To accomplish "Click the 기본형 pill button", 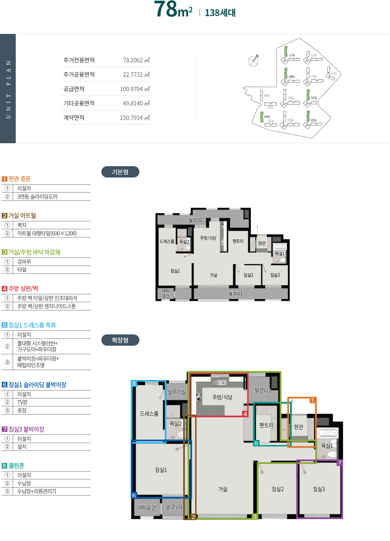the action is (x=120, y=172).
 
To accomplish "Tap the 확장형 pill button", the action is (x=120, y=340).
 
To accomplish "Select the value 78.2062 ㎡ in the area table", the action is (x=136, y=60).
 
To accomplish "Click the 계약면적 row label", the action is (x=74, y=118).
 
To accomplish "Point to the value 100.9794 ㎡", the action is (x=135, y=89).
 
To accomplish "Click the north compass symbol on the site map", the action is (x=253, y=61).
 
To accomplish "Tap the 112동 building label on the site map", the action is (x=292, y=55).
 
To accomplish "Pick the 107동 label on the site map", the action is (x=314, y=98).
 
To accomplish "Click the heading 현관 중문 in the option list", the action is (x=20, y=179).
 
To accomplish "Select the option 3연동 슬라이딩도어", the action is (x=37, y=197).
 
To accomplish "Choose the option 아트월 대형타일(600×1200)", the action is (x=47, y=233).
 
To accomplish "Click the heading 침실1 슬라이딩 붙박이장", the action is (x=37, y=385).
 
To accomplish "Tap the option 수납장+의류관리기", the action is (x=37, y=491).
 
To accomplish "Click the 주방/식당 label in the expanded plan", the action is (x=222, y=397).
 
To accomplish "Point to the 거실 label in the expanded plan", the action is (x=223, y=489).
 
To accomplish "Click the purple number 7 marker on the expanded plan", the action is (x=340, y=463).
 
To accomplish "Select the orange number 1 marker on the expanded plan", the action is (x=312, y=400).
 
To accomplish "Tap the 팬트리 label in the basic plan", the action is (x=238, y=241).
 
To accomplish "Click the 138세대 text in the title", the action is (x=220, y=13).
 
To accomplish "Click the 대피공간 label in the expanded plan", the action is (x=146, y=507).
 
